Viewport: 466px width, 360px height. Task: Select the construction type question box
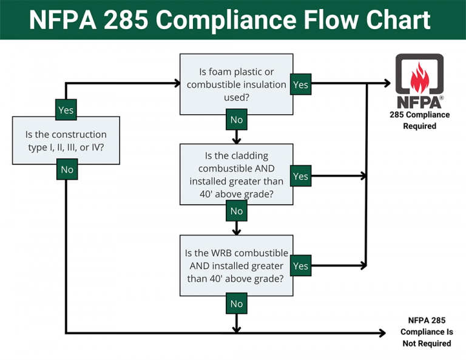66,140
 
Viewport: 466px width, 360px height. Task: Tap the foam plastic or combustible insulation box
236,84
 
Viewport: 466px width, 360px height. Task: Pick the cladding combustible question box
236,174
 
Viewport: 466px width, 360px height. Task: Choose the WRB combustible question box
236,265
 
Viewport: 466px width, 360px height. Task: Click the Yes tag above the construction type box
66,110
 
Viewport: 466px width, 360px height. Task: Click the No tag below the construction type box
67,169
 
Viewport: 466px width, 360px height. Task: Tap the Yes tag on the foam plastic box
300,85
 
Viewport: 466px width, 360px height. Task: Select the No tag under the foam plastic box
237,120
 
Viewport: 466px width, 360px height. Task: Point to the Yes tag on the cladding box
300,176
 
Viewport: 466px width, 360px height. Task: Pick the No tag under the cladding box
237,211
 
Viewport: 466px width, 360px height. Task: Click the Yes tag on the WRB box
300,266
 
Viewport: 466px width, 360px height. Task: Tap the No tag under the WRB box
237,303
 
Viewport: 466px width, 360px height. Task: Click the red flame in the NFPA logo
419,76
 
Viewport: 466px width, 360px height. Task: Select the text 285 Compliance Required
419,120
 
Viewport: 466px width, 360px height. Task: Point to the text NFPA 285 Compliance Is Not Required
426,331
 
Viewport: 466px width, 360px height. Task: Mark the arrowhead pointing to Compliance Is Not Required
382,333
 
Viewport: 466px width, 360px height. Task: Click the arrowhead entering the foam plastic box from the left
177,83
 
